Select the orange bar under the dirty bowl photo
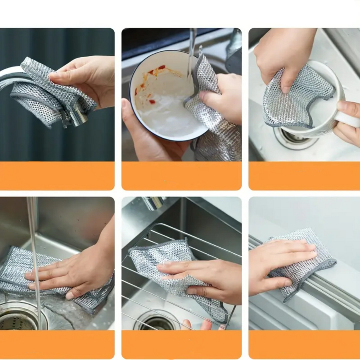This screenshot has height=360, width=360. [x=181, y=176]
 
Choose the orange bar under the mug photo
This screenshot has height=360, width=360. [x=304, y=176]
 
